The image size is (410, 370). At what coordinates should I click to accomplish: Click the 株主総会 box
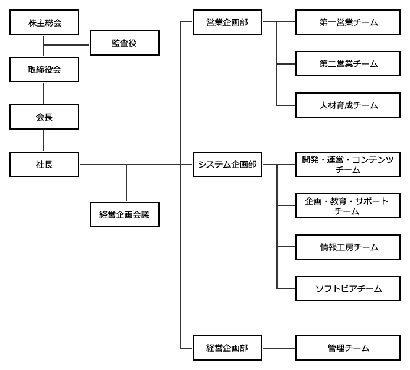(44, 22)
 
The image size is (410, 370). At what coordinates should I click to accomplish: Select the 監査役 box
(124, 43)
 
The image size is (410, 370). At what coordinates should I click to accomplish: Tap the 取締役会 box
(44, 70)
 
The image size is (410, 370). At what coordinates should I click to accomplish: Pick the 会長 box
(44, 117)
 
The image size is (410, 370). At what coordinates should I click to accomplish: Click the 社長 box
(44, 165)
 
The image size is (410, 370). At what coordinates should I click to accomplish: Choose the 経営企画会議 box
(124, 215)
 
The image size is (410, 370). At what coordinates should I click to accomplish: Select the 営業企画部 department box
(227, 22)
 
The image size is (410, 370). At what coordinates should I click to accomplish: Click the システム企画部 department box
(227, 165)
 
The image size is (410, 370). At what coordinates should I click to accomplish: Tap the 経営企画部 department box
(227, 348)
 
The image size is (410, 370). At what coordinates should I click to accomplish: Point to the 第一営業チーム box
(348, 22)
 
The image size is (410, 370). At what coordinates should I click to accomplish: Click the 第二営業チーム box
(348, 64)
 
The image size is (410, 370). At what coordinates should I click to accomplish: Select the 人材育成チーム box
(348, 105)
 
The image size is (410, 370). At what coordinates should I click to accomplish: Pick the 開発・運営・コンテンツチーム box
(348, 165)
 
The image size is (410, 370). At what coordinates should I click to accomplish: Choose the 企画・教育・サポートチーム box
(348, 206)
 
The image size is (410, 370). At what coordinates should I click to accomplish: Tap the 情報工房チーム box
(348, 247)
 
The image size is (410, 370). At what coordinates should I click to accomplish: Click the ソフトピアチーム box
(348, 289)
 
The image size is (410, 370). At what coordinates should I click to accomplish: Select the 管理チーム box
(348, 348)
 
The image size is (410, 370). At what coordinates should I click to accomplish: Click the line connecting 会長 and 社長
(44, 141)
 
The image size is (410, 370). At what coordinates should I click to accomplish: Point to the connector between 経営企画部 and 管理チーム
(279, 348)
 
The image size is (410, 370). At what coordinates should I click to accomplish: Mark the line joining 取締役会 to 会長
(44, 94)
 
